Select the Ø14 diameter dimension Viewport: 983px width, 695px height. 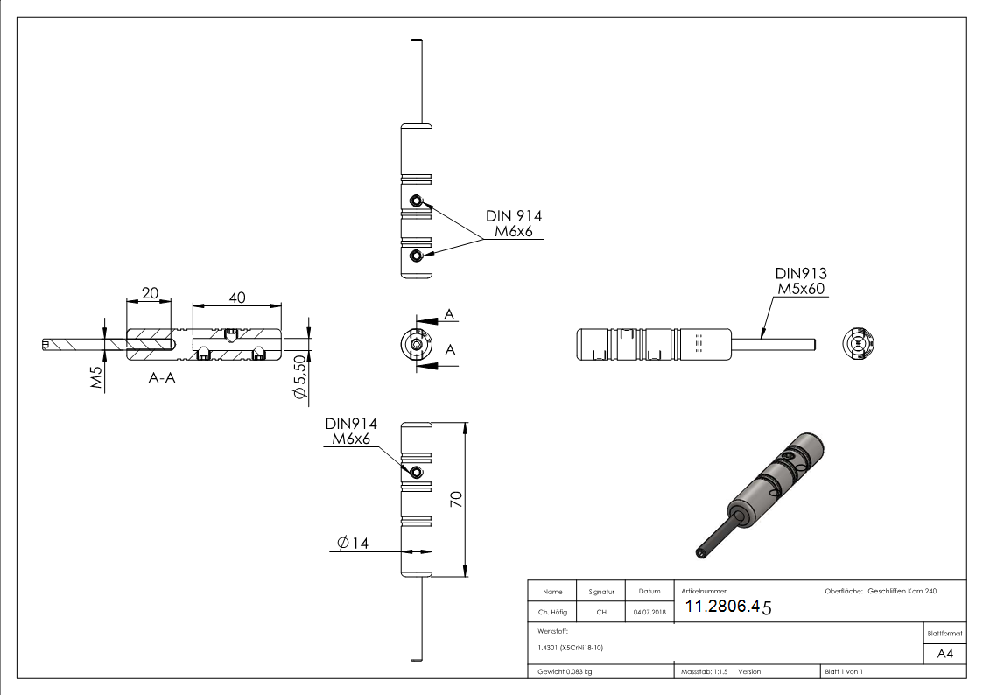(352, 544)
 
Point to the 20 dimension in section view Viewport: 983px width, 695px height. (150, 294)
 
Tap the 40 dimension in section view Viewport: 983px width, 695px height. (236, 298)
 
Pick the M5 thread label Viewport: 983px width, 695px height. (98, 379)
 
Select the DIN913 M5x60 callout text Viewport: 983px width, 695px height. (801, 281)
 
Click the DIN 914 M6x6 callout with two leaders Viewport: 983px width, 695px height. (514, 224)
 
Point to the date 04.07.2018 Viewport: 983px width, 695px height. (649, 612)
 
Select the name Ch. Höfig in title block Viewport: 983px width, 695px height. (551, 612)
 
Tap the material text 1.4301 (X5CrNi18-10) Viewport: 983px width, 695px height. (571, 648)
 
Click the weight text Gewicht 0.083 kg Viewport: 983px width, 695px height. (565, 671)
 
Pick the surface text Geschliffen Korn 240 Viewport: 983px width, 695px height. (902, 592)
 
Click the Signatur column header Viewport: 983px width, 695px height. (601, 592)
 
